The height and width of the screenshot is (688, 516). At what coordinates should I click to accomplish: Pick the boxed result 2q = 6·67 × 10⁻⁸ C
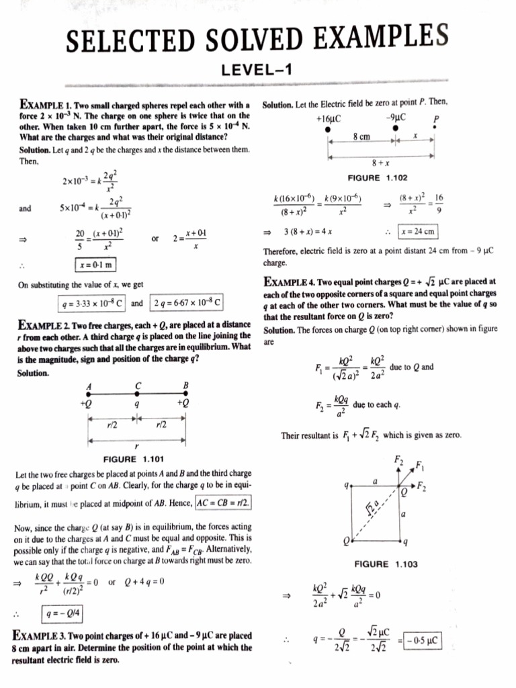point(186,302)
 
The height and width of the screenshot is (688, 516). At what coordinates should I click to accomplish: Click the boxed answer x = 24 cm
point(418,232)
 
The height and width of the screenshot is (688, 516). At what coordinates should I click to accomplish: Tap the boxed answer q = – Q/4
point(64,613)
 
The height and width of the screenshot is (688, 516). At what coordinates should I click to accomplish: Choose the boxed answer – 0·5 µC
point(421,641)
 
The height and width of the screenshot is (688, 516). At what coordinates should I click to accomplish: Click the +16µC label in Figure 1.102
point(327,118)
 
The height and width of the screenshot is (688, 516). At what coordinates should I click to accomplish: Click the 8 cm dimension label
point(361,136)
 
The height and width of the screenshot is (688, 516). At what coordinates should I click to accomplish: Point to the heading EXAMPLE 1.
point(42,105)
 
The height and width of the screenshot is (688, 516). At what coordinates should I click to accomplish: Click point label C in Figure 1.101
point(138,386)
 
